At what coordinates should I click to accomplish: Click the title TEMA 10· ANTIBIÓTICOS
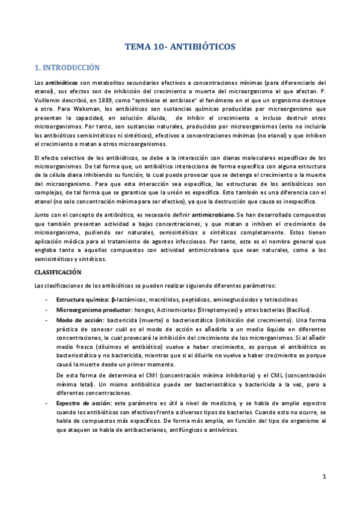click(x=180, y=46)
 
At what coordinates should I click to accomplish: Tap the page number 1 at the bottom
click(x=323, y=477)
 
